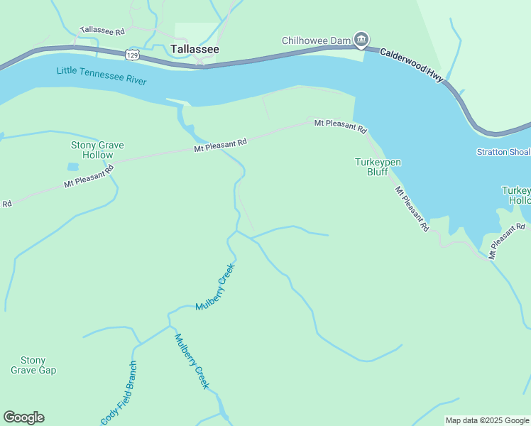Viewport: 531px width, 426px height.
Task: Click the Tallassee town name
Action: [195, 49]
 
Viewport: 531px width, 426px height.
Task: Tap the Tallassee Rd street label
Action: [102, 31]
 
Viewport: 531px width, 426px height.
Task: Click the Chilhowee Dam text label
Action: [317, 40]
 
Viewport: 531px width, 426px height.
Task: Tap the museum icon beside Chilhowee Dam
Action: [361, 39]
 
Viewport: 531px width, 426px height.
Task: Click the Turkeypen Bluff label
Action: [378, 167]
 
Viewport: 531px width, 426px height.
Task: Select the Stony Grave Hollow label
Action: [97, 150]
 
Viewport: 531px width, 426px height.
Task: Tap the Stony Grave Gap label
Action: [33, 365]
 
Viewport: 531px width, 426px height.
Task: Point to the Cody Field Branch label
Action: [119, 393]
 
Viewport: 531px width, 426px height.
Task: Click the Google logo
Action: [23, 417]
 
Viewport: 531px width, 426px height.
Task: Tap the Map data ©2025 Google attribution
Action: [487, 420]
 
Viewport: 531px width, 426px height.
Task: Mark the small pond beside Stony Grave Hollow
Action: [73, 168]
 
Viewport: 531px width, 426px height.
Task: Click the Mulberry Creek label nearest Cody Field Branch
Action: [192, 361]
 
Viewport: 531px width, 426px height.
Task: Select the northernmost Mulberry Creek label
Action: [215, 286]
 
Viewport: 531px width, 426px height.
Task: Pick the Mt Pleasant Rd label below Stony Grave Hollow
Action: [89, 176]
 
